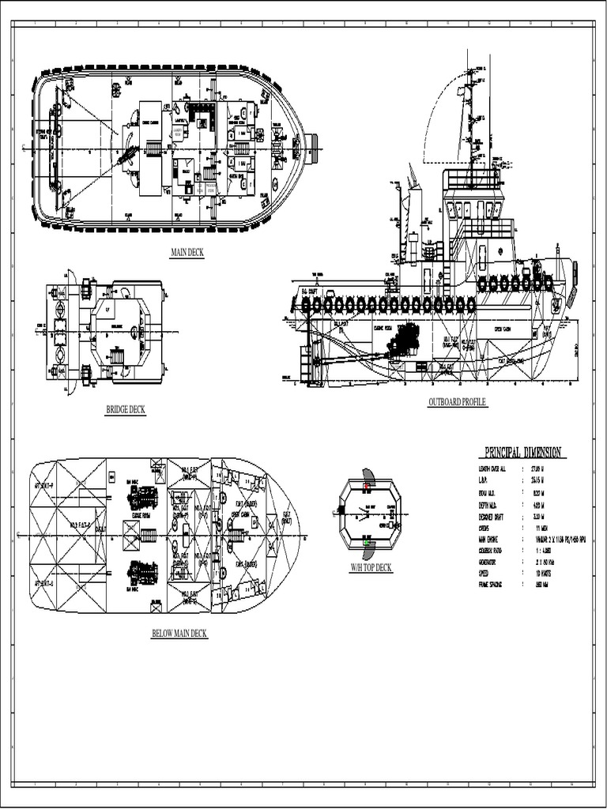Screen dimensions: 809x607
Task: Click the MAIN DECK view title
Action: (x=187, y=252)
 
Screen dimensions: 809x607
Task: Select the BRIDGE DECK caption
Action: (x=126, y=409)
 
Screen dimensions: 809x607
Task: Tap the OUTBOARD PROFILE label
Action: (x=457, y=402)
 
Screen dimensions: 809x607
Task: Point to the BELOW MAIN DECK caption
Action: (x=179, y=634)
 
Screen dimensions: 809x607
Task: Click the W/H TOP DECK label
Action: (x=371, y=567)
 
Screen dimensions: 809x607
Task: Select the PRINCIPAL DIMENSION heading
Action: (x=522, y=453)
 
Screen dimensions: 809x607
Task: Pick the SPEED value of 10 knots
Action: (x=545, y=574)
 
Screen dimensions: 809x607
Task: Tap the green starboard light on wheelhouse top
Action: (x=367, y=543)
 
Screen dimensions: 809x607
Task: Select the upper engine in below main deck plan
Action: (x=143, y=498)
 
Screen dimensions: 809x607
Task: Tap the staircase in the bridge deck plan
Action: (x=115, y=357)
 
